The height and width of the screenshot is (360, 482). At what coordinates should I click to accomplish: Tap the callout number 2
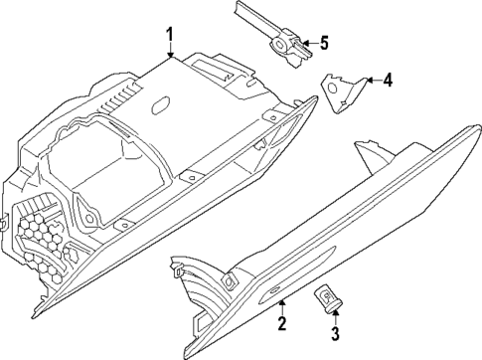tap(281, 324)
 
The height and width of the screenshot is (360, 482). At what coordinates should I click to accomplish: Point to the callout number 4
tap(387, 79)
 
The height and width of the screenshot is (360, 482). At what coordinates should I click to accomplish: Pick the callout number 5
tap(322, 43)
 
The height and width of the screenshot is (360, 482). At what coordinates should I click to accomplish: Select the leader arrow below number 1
tap(170, 55)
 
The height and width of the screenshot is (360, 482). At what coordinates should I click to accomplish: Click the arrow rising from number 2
tap(282, 303)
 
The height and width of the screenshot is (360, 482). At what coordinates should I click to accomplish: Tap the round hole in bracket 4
tap(334, 90)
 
